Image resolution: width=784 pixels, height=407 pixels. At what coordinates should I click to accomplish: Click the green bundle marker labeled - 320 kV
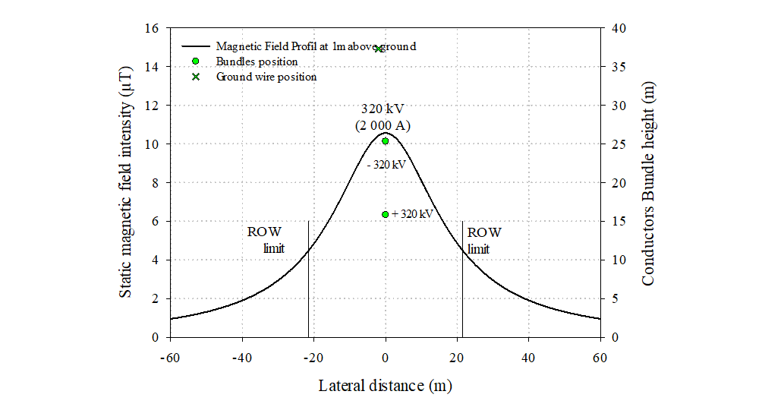coord(386,141)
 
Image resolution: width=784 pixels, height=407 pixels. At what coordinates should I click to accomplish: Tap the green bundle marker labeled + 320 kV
coord(386,214)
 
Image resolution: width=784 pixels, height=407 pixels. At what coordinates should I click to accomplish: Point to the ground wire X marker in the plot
coord(379,49)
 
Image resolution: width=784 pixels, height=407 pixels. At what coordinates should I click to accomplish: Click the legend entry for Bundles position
coord(257,62)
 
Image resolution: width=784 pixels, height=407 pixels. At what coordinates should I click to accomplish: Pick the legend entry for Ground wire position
coord(266,77)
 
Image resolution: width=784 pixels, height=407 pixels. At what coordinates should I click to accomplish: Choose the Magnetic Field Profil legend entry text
coord(316,46)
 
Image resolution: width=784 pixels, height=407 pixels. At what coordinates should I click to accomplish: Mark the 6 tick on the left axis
coord(157,222)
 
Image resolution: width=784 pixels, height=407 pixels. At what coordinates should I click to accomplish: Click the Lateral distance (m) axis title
coord(385,386)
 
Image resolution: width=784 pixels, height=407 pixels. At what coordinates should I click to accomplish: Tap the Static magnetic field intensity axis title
coord(128,182)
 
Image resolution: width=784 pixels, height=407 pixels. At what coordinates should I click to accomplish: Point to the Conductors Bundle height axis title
coord(647,182)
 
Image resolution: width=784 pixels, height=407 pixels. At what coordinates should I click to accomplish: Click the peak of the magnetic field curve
coord(385,133)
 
